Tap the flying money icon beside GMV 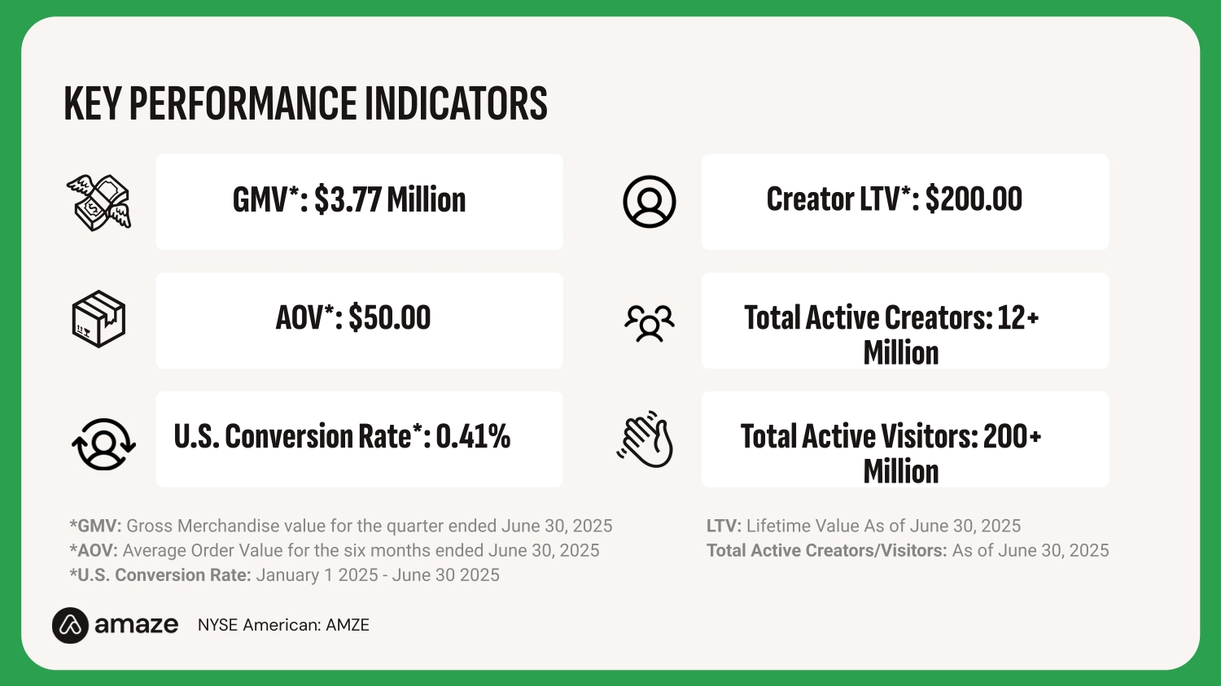click(98, 203)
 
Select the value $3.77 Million click(390, 200)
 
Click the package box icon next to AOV click(98, 319)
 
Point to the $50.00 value click(390, 318)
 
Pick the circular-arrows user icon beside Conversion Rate click(103, 443)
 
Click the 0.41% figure click(473, 437)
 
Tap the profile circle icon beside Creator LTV click(649, 202)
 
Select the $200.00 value click(974, 199)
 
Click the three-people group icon click(649, 322)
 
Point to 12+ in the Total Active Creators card click(1017, 318)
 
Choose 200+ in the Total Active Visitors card click(1012, 437)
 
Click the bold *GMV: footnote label click(95, 527)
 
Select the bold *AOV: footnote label click(94, 551)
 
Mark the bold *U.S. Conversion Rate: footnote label click(160, 575)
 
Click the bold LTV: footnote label click(724, 527)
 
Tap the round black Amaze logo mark click(70, 625)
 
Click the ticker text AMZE click(348, 625)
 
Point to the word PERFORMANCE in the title click(243, 104)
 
